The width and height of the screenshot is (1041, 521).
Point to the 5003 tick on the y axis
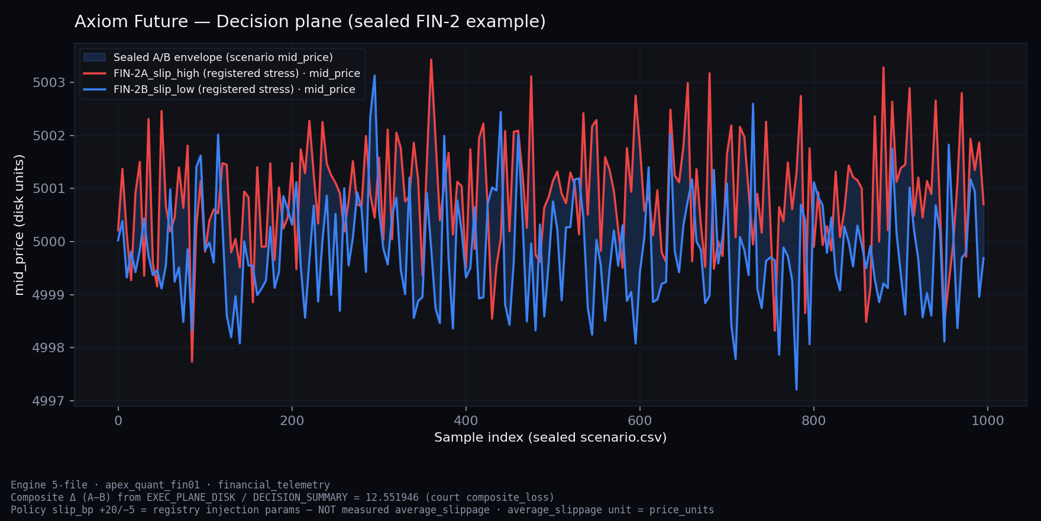pyautogui.click(x=49, y=83)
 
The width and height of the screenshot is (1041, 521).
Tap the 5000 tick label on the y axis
pyautogui.click(x=49, y=242)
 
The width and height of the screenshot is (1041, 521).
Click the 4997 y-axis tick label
pyautogui.click(x=49, y=401)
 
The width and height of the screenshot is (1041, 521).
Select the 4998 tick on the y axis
pyautogui.click(x=49, y=348)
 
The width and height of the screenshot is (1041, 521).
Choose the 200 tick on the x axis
pyautogui.click(x=292, y=421)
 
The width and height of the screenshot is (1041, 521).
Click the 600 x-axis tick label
pyautogui.click(x=639, y=421)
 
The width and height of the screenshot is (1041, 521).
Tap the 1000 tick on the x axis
pyautogui.click(x=987, y=421)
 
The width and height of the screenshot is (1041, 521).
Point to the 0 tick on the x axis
pyautogui.click(x=118, y=421)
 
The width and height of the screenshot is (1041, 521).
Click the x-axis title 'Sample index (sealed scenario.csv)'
pyautogui.click(x=550, y=438)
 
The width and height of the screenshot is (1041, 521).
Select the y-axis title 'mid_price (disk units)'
pyautogui.click(x=20, y=225)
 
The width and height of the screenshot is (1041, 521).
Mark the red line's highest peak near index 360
pyautogui.click(x=431, y=59)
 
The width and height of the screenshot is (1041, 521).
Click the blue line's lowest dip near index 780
pyautogui.click(x=797, y=390)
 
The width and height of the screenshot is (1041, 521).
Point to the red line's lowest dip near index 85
pyautogui.click(x=192, y=362)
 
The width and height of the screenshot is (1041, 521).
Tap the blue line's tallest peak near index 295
pyautogui.click(x=374, y=76)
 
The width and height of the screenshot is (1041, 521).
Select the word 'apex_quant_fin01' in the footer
pyautogui.click(x=153, y=485)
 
